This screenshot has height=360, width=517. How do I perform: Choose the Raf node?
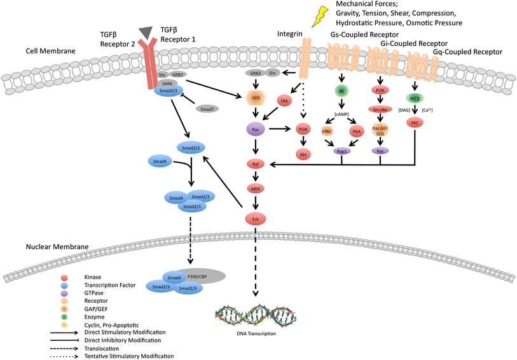point(254,164)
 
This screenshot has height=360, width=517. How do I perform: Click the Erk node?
point(254,218)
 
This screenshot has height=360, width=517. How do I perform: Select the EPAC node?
point(327,131)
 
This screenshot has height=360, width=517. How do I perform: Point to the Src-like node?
point(380,109)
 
